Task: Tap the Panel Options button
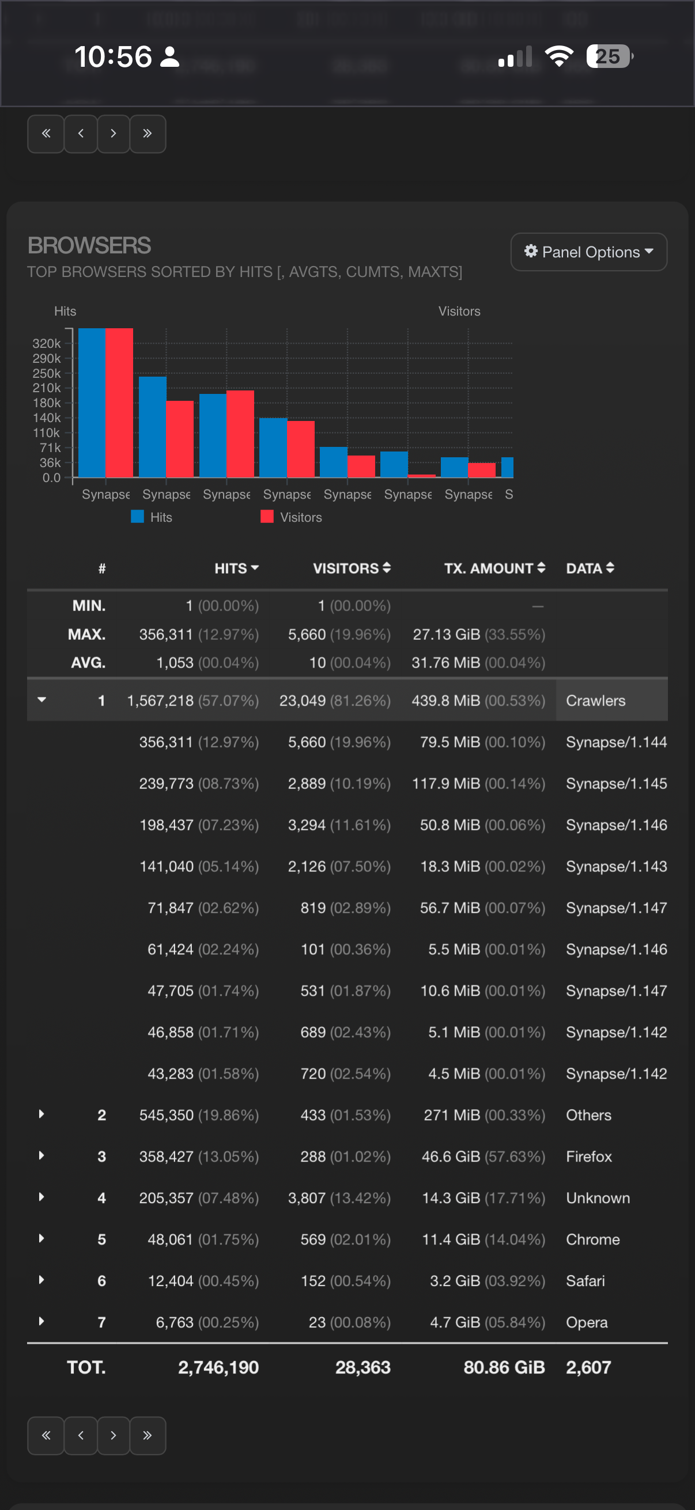(588, 252)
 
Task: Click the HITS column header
(236, 568)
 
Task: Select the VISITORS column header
(351, 568)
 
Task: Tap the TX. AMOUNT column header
(494, 568)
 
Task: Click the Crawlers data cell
(595, 700)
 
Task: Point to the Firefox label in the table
(588, 1156)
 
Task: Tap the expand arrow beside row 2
(41, 1114)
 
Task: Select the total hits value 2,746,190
(218, 1367)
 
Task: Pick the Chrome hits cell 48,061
(170, 1239)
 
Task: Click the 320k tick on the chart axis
(46, 343)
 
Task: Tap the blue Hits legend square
(137, 517)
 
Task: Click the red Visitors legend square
(267, 517)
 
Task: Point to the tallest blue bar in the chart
(92, 403)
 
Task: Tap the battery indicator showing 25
(608, 56)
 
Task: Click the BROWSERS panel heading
(89, 245)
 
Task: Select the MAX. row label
(87, 634)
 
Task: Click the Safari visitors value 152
(313, 1281)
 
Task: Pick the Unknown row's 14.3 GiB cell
(451, 1197)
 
